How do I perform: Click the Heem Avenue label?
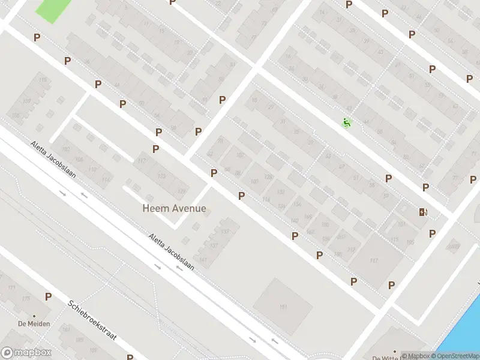tap(174, 209)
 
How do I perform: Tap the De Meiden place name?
tap(34, 324)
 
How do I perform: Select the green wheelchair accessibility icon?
tap(346, 123)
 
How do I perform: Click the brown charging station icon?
tap(423, 212)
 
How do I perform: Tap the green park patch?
tap(53, 8)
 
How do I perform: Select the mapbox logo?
tap(26, 353)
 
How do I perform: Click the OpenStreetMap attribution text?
tap(454, 356)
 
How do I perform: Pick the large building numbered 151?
tap(283, 307)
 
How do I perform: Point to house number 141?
tap(203, 260)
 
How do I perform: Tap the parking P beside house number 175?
tap(48, 297)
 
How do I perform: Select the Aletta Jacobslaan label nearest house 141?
tap(172, 251)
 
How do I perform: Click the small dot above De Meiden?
tap(34, 316)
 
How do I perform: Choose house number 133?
tap(225, 232)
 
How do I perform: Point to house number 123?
tap(161, 176)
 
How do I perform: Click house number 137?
tap(213, 245)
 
